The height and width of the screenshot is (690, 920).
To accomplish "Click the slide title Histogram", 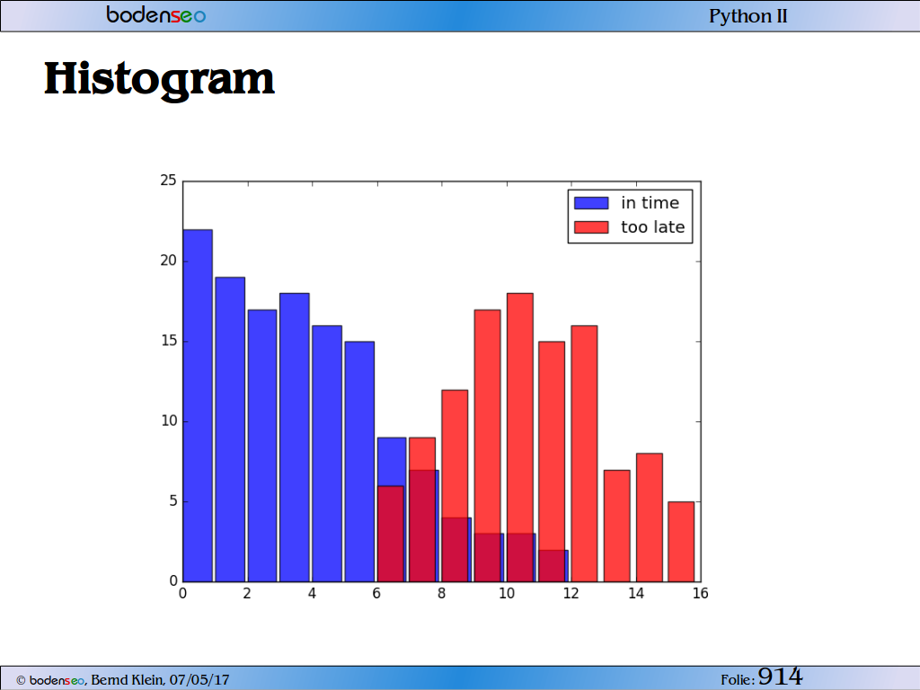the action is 159,79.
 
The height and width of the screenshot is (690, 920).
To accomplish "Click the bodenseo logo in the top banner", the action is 156,14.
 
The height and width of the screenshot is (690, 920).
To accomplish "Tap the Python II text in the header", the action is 748,16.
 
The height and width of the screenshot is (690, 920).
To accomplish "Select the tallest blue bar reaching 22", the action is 198,405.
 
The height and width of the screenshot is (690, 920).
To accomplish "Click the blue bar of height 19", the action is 230,429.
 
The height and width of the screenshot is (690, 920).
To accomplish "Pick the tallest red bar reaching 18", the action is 520,438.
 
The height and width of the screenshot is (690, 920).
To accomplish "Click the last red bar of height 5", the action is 681,542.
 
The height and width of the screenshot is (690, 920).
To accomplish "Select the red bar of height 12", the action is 455,485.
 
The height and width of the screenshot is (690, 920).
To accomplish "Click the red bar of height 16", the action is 584,454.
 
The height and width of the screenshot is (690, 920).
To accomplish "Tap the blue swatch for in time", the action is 591,203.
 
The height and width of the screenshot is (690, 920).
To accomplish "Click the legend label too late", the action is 653,227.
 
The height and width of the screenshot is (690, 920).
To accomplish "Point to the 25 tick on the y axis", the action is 168,180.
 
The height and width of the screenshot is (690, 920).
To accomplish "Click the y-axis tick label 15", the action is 168,341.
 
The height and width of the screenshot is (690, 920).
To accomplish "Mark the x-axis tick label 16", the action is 701,594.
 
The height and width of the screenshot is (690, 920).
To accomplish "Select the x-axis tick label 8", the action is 441,594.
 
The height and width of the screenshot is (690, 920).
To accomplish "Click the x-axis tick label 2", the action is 247,594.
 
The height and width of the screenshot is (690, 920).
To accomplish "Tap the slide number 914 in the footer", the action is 780,677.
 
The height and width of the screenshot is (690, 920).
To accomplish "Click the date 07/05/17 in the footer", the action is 199,680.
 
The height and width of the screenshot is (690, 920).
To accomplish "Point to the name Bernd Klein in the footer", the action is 128,680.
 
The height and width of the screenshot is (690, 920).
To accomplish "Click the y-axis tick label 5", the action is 173,501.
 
